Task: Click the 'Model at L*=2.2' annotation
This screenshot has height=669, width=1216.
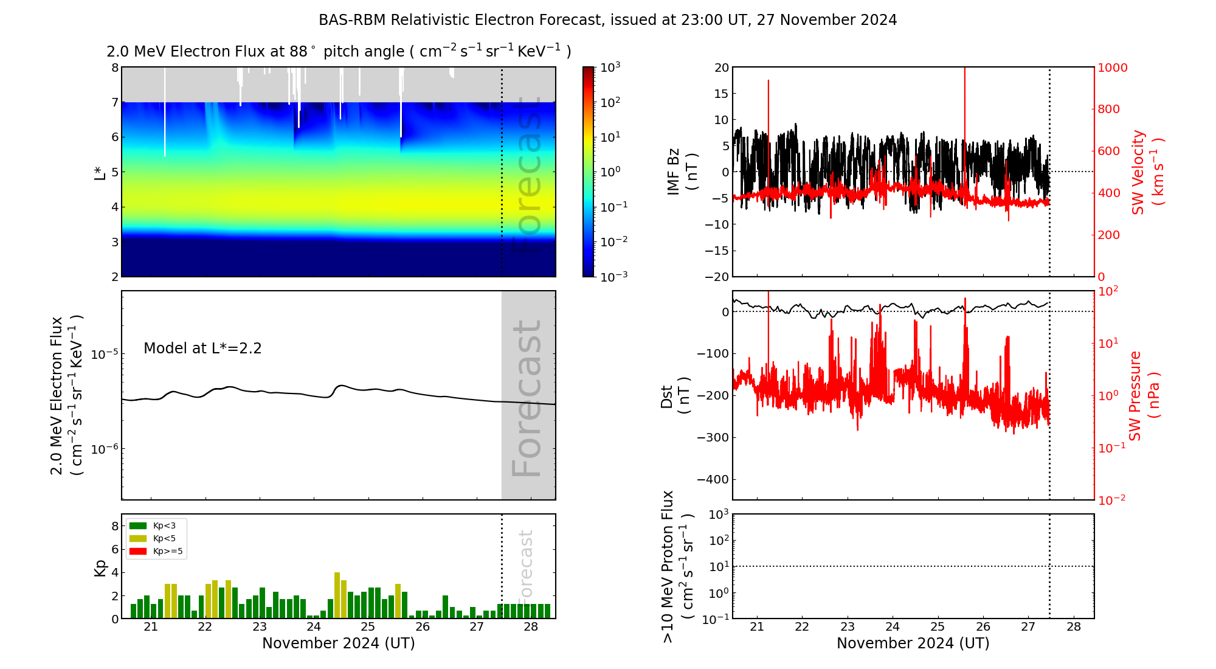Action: click(202, 348)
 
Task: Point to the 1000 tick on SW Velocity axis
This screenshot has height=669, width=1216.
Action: click(1112, 68)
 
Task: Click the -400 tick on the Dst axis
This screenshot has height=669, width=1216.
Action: click(713, 479)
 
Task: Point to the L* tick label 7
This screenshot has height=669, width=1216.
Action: click(114, 102)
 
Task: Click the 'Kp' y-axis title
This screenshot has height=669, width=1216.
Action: click(100, 567)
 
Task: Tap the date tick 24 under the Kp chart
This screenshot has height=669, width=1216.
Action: click(314, 627)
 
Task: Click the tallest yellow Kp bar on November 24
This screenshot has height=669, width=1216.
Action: click(337, 595)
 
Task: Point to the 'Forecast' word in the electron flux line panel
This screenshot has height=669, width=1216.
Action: click(527, 398)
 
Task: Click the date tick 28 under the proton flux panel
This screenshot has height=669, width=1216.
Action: click(1074, 627)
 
